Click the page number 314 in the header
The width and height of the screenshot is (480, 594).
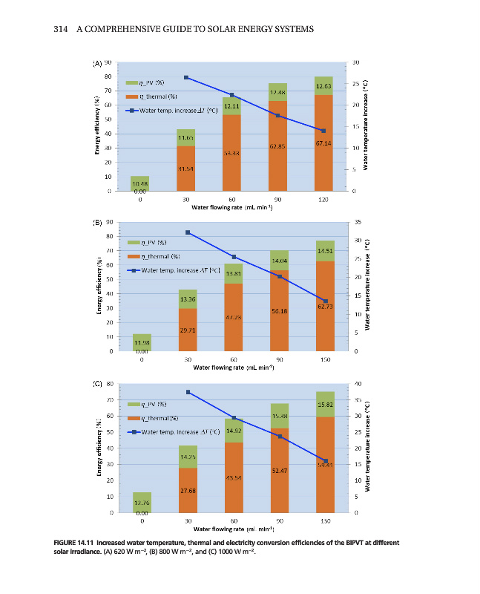tap(62, 29)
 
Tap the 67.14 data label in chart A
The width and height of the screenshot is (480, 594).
tap(323, 143)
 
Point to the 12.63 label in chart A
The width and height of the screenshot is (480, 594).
tap(323, 86)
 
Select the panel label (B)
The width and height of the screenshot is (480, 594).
tap(97, 222)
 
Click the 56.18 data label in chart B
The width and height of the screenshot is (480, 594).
tap(279, 310)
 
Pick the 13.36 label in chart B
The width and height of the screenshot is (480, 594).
tap(188, 299)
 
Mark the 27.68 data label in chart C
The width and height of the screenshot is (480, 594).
tap(188, 491)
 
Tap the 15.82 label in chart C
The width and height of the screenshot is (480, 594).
tap(325, 404)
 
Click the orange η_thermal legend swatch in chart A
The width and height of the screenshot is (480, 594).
tap(133, 97)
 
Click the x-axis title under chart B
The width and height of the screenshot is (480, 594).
tap(233, 367)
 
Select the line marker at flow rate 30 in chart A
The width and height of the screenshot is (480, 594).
tap(186, 77)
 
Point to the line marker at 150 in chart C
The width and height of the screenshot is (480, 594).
tap(325, 460)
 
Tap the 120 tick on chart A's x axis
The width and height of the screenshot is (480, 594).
tap(323, 200)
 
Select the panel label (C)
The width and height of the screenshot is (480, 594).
tap(97, 384)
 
